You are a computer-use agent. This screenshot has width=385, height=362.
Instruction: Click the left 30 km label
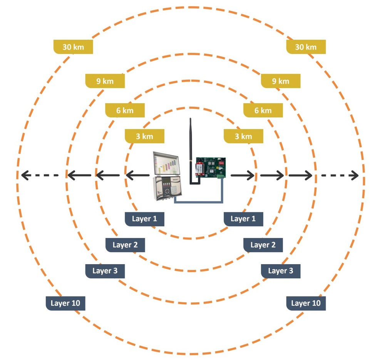pos(73,47)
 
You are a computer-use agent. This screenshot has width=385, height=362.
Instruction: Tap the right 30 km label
pos(306,47)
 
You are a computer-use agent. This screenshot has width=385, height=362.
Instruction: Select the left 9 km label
pos(105,81)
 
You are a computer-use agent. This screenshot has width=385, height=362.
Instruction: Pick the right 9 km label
pos(280,81)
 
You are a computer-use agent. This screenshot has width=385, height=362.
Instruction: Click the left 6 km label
pos(125,111)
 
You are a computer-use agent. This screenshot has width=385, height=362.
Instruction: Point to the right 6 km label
pos(263,111)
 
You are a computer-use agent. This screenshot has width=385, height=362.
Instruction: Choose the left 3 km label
pos(144,136)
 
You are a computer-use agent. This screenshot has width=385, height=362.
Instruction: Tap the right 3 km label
pos(243,136)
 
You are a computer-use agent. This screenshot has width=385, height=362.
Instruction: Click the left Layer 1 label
pos(144,219)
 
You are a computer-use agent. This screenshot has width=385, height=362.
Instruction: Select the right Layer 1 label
pos(243,219)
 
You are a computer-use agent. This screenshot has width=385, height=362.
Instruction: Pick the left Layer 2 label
pos(125,245)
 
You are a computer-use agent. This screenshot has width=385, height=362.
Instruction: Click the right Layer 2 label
pos(263,245)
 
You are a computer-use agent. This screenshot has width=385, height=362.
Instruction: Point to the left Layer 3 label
pos(105,271)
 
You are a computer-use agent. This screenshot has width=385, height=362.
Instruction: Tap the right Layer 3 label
pos(280,271)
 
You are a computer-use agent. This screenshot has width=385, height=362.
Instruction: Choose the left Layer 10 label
pos(65,303)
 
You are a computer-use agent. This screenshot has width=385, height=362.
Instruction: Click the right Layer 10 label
pos(306,303)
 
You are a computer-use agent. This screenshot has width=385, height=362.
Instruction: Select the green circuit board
pos(211,168)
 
